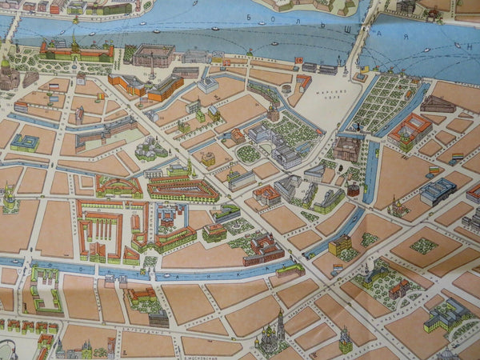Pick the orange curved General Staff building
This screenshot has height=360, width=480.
pos(149,87)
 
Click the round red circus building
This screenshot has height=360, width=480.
pos(353,190)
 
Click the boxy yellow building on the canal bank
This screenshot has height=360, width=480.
pos(340,243)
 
